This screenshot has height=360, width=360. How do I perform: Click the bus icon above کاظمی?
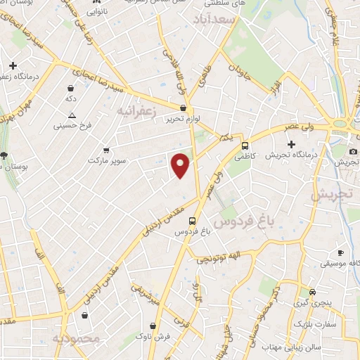point(245,146)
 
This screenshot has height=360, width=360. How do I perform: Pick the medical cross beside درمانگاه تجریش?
point(291,144)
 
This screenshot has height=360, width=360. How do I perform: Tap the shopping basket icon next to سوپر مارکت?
point(106,150)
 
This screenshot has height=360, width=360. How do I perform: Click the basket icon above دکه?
point(71,89)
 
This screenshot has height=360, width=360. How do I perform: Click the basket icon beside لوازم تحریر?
point(184,108)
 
